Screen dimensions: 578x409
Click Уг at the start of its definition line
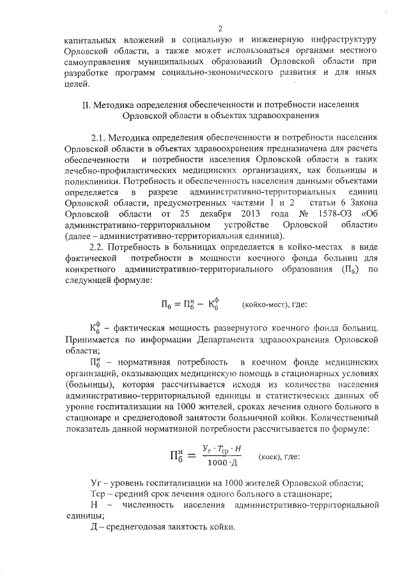96,482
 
